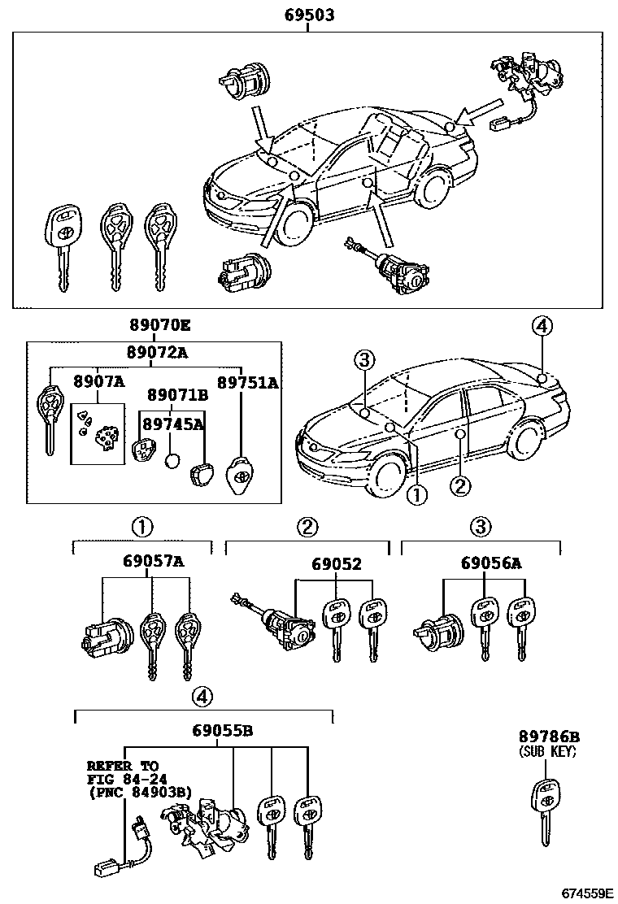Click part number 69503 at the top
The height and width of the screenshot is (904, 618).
[x=309, y=15]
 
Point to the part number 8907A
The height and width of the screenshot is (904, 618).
[x=98, y=381]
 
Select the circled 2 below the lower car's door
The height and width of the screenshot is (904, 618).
[x=460, y=486]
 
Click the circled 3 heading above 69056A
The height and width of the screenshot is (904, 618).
[x=481, y=527]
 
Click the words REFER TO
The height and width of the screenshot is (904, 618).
[x=123, y=766]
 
